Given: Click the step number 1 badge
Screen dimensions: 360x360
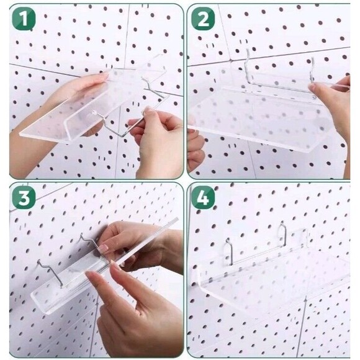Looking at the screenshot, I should pos(24,19).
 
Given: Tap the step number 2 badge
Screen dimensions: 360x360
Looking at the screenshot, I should pos(203,19).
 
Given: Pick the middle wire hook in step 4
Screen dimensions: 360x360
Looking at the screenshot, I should pos(282,235).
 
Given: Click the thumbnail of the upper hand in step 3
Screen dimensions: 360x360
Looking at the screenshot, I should pos(104,248).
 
